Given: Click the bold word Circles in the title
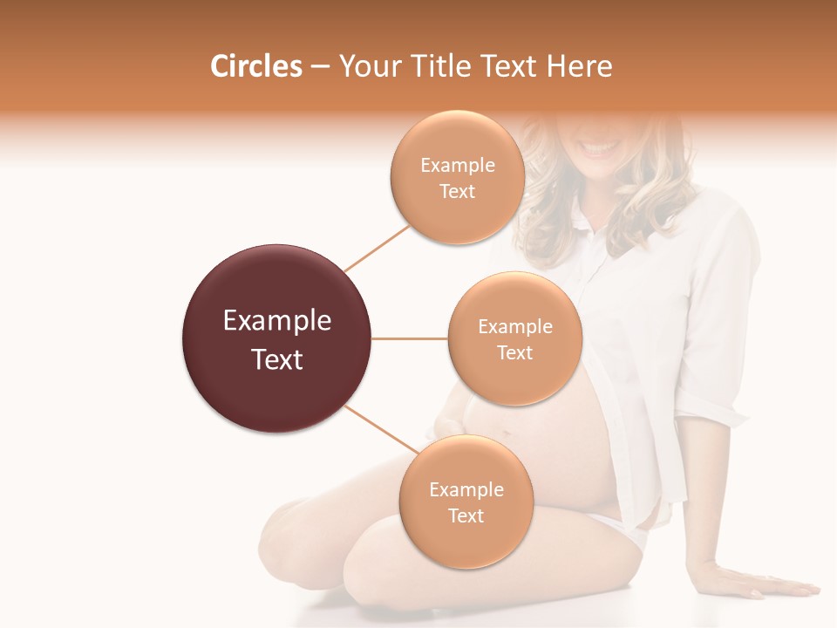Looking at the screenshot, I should point(256,66).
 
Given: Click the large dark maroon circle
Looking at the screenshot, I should point(277,338).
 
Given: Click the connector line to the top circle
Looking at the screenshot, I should point(377,247).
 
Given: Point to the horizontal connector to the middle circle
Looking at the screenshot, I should point(410,338).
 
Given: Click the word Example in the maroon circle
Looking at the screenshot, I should point(277,321).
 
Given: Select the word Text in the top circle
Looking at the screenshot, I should point(457,191).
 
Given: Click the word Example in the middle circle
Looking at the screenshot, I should point(514,327).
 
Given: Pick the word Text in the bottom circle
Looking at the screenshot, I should point(466,515).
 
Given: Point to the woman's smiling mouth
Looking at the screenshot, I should point(601,147).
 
